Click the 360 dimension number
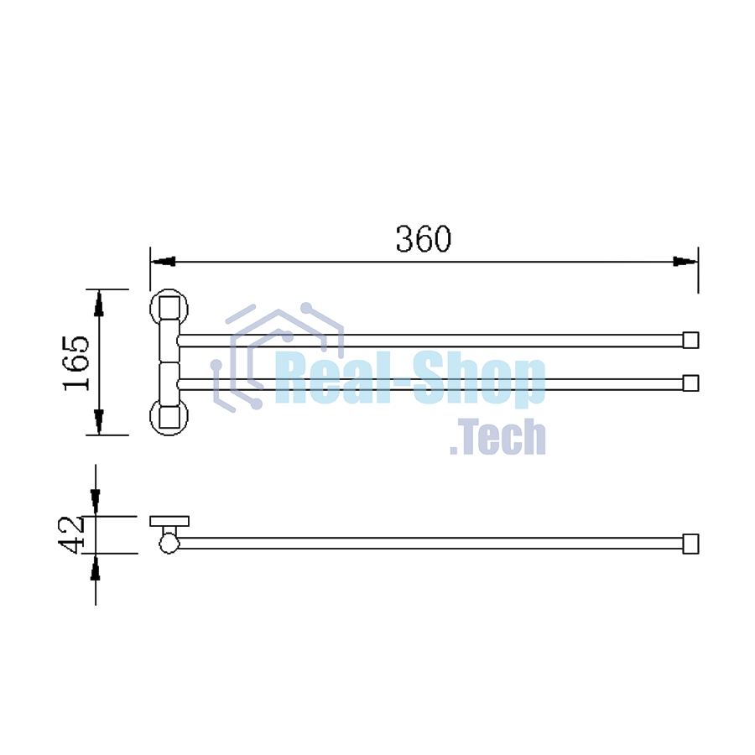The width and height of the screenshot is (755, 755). tap(424, 239)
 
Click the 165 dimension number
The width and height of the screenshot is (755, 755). tap(77, 363)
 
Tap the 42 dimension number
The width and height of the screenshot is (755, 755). tap(71, 534)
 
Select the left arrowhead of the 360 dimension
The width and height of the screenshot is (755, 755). tap(163, 262)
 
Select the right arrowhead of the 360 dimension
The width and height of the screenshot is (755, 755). tap(685, 262)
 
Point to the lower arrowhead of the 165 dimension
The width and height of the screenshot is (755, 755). tap(99, 422)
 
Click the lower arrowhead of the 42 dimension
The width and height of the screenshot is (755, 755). tap(96, 566)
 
